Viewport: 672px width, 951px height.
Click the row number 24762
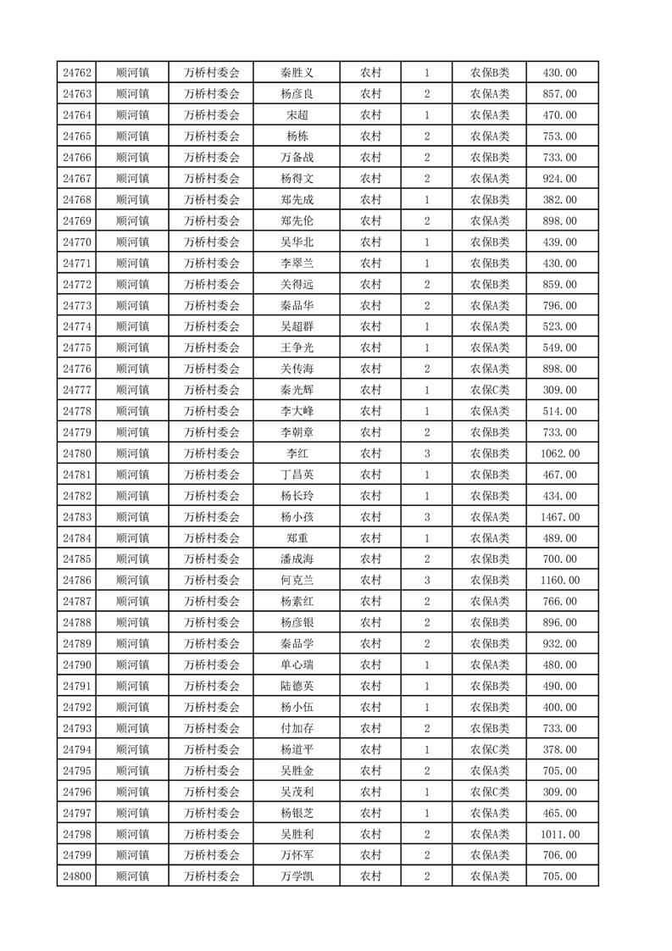point(77,73)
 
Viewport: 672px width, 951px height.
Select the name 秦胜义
point(297,73)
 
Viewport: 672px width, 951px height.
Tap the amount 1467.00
point(559,517)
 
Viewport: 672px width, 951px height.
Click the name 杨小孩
point(297,517)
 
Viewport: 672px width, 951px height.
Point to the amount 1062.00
point(559,453)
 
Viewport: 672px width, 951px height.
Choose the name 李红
point(297,453)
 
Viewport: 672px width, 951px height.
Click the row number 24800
point(77,876)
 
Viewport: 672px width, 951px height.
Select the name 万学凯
point(297,876)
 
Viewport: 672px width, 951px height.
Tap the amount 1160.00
point(559,581)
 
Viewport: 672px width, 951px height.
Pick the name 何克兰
point(297,581)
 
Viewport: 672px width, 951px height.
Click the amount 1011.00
point(559,834)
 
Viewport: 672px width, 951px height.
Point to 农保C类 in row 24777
point(489,390)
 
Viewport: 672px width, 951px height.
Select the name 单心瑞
point(297,665)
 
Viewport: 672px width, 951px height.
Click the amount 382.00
point(559,200)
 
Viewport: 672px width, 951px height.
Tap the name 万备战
point(297,158)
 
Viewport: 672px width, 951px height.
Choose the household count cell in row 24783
point(427,517)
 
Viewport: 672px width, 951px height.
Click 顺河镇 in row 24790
point(132,665)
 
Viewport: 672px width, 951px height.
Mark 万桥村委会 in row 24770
point(212,242)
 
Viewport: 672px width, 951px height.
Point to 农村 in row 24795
point(370,770)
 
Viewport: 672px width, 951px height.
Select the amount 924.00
point(559,179)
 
